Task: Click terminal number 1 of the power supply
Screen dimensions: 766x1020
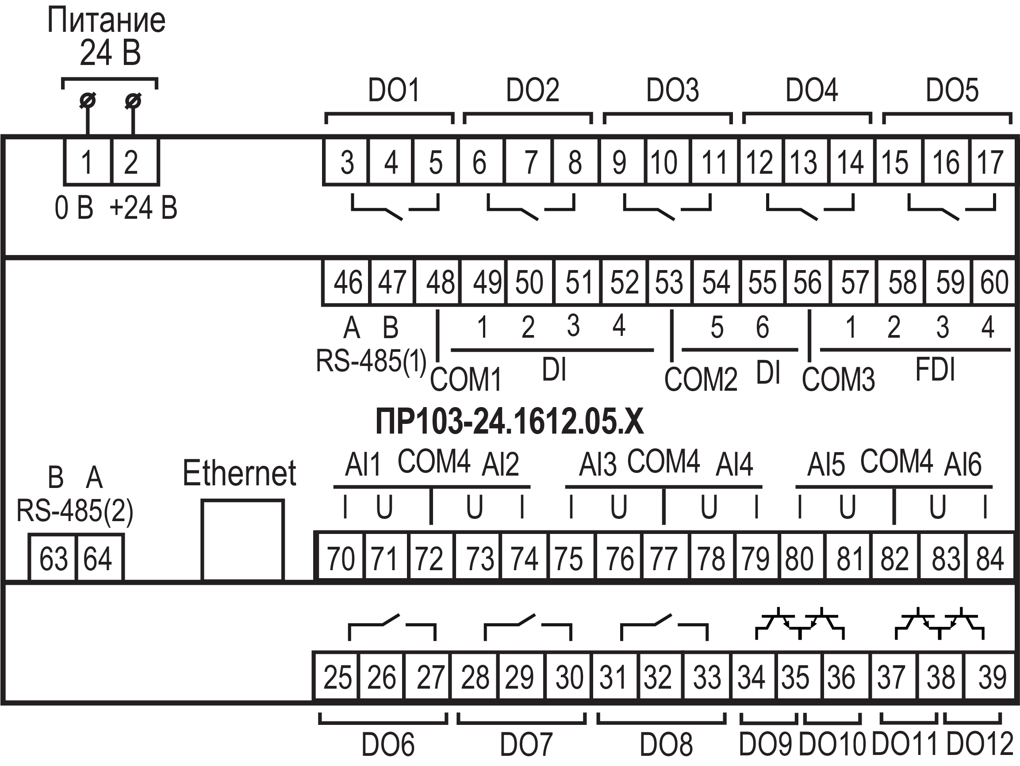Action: [87, 162]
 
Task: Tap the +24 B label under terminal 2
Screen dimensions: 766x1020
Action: [143, 208]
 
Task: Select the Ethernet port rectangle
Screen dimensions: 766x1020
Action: [242, 540]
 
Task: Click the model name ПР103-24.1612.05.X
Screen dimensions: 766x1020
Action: [510, 422]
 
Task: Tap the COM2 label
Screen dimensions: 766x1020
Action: [701, 380]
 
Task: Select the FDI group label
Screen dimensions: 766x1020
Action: [935, 370]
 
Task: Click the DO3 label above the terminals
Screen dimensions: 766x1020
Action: [672, 90]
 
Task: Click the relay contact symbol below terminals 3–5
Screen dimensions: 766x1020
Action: [394, 207]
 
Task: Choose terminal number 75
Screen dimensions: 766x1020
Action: [569, 559]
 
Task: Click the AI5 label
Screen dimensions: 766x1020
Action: [826, 465]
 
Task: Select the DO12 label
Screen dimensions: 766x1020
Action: [979, 744]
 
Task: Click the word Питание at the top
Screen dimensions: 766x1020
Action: [107, 21]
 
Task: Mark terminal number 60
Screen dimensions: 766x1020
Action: [994, 282]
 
